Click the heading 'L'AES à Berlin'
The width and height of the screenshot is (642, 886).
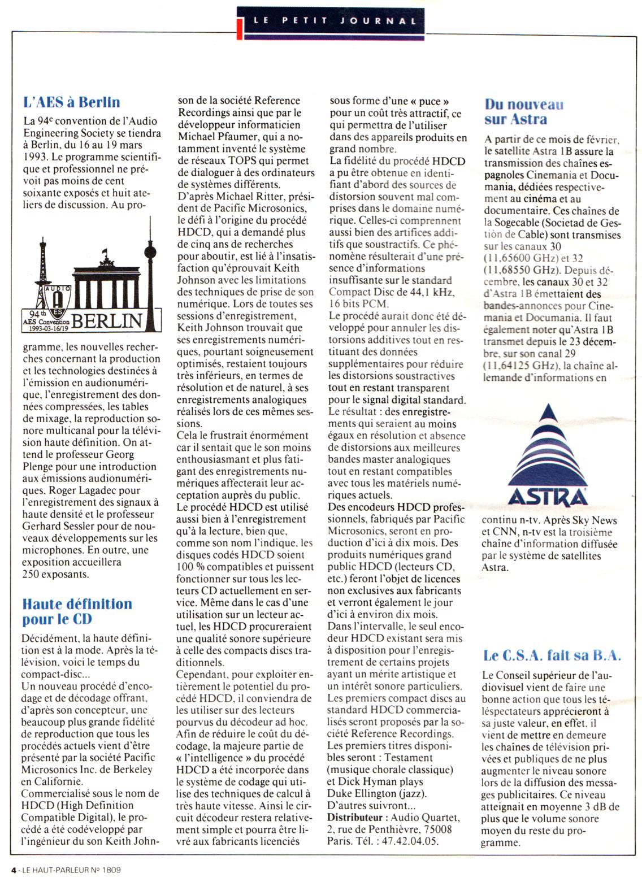(72, 102)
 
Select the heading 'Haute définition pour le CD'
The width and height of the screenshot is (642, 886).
(77, 611)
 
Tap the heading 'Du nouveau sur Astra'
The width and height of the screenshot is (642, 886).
(523, 111)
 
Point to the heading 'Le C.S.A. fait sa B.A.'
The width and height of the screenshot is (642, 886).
(552, 655)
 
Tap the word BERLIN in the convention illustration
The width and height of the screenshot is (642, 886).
(107, 321)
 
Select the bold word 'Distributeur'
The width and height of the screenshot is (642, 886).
(355, 817)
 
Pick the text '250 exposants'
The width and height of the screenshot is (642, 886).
(55, 574)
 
